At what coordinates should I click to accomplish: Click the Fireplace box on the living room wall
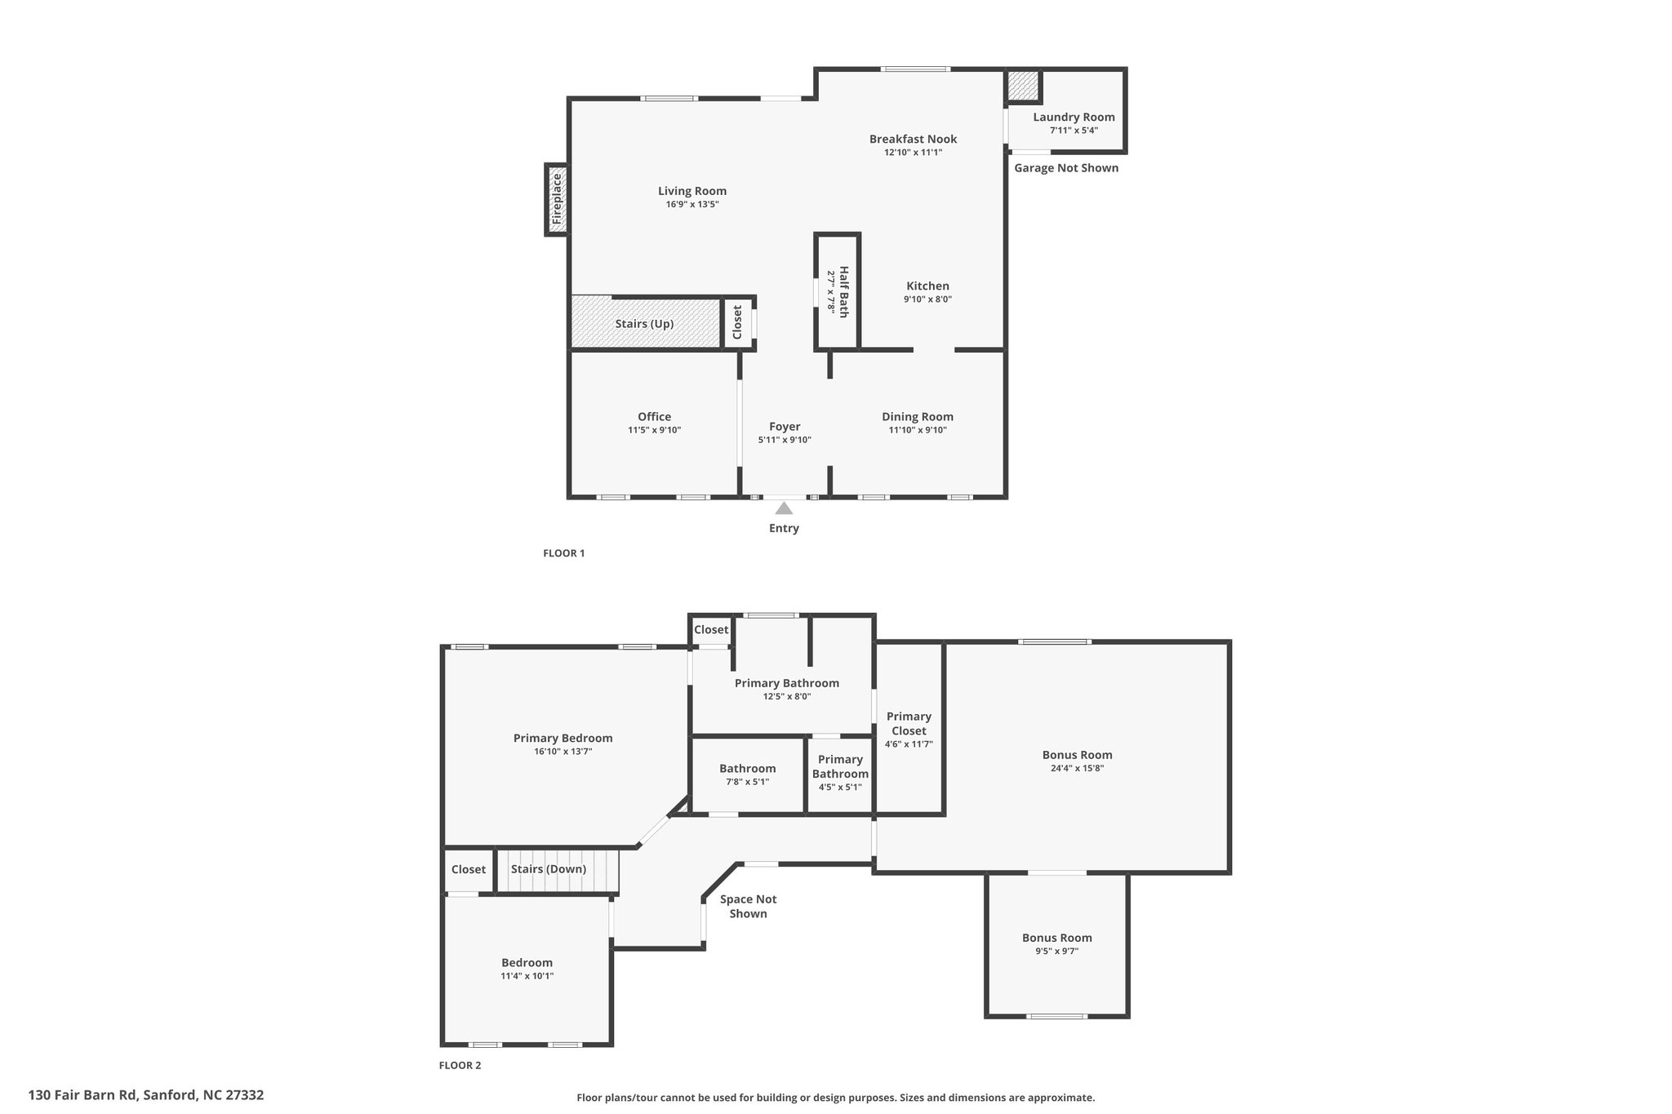click(557, 200)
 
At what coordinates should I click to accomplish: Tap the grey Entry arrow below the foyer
click(784, 508)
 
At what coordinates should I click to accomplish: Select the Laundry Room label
click(1074, 117)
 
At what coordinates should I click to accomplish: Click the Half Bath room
click(838, 291)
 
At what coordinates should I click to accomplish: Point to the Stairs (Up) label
click(644, 324)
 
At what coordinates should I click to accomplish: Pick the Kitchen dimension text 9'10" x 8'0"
click(927, 300)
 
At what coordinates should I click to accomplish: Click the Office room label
click(654, 417)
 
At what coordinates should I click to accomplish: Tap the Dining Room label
click(918, 417)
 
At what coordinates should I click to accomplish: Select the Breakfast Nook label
click(913, 140)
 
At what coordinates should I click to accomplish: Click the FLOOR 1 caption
click(564, 553)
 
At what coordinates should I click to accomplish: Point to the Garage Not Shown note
click(1066, 168)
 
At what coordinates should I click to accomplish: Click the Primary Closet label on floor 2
click(909, 724)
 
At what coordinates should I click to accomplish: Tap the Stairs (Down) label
click(549, 869)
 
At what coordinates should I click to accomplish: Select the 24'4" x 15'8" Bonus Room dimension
click(1078, 768)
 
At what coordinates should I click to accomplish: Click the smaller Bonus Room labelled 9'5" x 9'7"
click(1057, 944)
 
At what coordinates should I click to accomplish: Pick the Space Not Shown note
click(748, 906)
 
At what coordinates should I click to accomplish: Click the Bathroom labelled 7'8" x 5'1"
click(748, 775)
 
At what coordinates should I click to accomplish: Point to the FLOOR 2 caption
click(460, 1065)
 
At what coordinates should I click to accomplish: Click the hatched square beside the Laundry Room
click(1022, 86)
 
